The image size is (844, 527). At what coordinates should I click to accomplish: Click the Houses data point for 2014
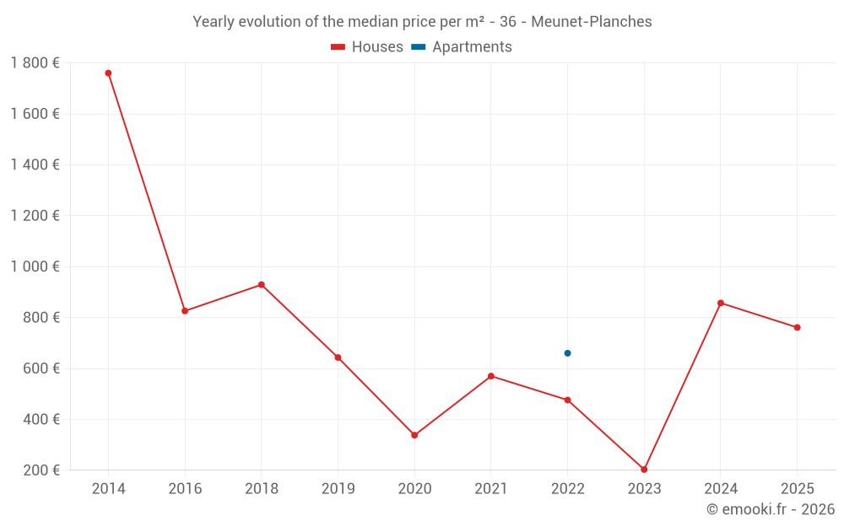[108, 73]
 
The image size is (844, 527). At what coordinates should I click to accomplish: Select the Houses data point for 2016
[185, 311]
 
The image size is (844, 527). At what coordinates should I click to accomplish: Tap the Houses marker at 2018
[262, 285]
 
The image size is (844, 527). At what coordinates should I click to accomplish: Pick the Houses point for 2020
[414, 435]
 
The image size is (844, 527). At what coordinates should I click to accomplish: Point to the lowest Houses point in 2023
[644, 470]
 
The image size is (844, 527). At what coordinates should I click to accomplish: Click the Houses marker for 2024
[721, 303]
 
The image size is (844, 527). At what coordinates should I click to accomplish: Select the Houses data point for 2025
[797, 327]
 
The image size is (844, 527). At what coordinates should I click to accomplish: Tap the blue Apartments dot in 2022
[567, 353]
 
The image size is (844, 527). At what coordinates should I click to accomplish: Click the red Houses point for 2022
[567, 400]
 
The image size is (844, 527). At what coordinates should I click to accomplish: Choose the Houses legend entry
[367, 47]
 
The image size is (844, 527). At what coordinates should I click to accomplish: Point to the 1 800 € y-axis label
[35, 63]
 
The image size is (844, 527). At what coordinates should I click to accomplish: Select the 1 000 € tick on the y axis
[35, 266]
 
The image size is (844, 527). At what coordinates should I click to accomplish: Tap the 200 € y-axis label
[41, 470]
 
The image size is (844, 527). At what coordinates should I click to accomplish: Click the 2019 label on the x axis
[338, 489]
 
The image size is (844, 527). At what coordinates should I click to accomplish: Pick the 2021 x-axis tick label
[490, 489]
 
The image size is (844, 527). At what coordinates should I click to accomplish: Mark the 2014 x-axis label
[108, 489]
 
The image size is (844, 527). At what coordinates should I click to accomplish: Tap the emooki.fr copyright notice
[770, 509]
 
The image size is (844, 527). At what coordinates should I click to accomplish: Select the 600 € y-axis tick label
[41, 368]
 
